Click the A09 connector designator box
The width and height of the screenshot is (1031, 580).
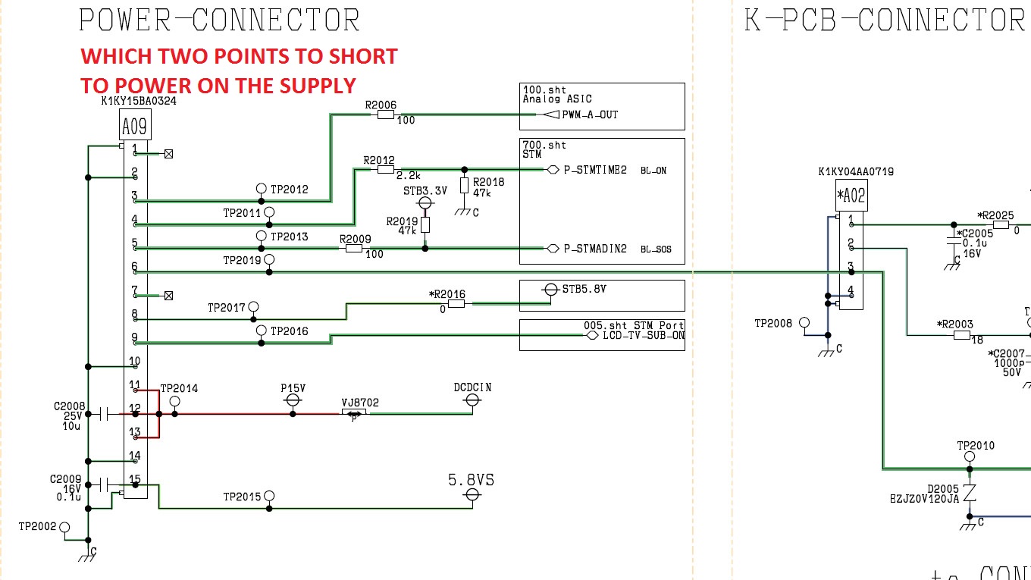click(x=135, y=125)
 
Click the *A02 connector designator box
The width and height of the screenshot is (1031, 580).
click(x=851, y=197)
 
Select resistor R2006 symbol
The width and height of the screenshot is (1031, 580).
click(x=386, y=114)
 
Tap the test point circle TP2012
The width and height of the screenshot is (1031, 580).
click(x=262, y=189)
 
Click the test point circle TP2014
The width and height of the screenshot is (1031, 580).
click(x=175, y=401)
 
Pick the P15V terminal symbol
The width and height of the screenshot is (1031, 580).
click(x=293, y=401)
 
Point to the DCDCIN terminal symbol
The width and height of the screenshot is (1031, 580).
click(x=472, y=401)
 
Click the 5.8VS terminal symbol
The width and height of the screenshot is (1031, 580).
click(x=472, y=495)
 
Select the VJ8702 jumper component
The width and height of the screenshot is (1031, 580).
click(x=353, y=413)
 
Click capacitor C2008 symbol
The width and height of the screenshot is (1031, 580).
click(x=104, y=414)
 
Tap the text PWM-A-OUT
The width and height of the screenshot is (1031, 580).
click(x=590, y=114)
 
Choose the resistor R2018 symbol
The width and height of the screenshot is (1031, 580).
click(x=465, y=185)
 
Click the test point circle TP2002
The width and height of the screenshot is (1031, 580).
click(x=64, y=527)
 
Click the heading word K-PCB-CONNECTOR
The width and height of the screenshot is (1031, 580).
click(x=883, y=20)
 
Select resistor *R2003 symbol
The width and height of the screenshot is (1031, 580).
click(x=962, y=335)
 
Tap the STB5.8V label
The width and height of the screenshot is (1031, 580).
click(x=584, y=289)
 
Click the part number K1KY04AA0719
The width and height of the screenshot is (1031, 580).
click(x=856, y=171)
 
